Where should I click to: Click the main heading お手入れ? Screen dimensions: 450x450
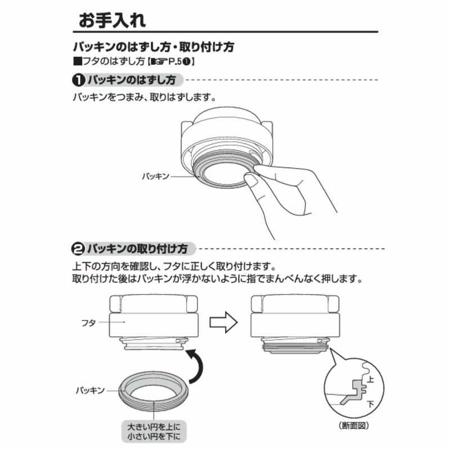click(112, 20)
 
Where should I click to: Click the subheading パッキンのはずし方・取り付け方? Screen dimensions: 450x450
click(153, 47)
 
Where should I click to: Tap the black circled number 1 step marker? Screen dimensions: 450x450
click(78, 80)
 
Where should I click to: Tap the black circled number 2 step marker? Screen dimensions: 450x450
click(78, 249)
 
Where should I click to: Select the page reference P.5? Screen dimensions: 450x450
click(175, 62)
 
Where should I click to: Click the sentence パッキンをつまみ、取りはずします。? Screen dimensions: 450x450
click(145, 97)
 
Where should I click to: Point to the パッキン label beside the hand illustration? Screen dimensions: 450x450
click(156, 176)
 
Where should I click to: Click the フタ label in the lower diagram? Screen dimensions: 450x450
click(88, 323)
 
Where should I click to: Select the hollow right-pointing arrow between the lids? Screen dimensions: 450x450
click(223, 322)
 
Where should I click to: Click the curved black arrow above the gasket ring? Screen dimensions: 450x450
click(196, 366)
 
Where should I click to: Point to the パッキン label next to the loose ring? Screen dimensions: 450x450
click(91, 390)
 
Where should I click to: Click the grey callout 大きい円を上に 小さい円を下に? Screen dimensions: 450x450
click(154, 431)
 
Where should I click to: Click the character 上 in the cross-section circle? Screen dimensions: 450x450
click(371, 379)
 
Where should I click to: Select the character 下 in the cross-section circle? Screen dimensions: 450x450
click(371, 404)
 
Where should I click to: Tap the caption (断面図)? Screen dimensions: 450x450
click(354, 425)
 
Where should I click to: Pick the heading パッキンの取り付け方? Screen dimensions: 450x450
click(137, 249)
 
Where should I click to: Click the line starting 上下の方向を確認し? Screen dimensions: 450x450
click(174, 267)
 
